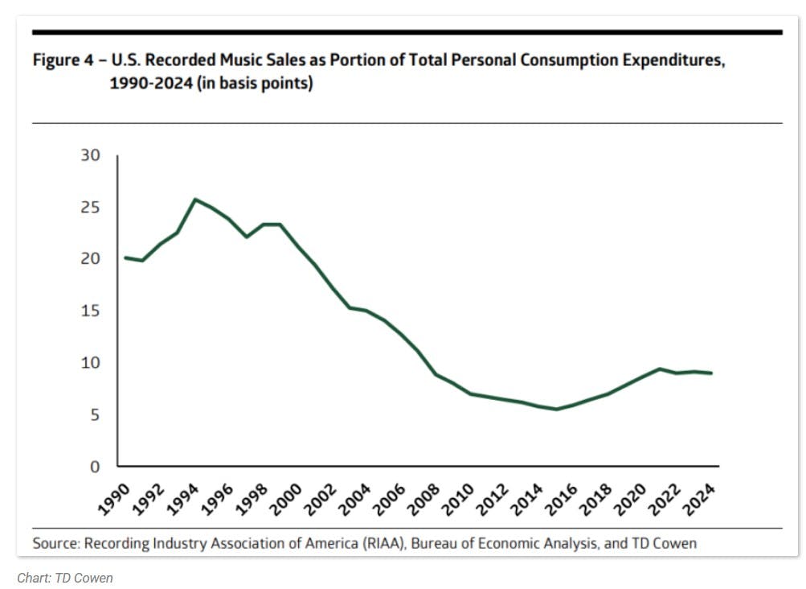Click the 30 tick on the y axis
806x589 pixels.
90,155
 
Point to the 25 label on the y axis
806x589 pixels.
90,208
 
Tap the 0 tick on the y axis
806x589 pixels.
96,467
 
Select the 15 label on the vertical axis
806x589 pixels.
90,311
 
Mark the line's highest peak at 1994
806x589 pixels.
194,199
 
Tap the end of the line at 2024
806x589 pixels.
711,373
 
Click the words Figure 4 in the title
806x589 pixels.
61,61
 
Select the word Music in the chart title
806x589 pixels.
232,61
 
